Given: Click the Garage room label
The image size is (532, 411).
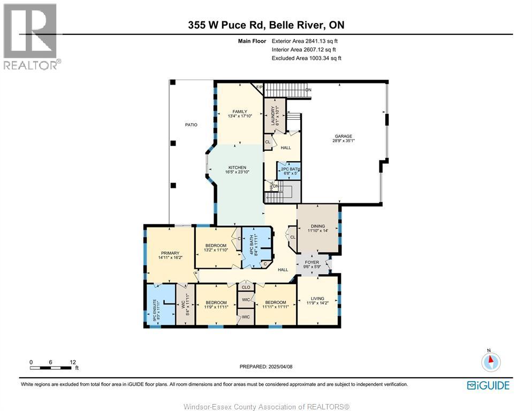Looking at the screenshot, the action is [x=344, y=136].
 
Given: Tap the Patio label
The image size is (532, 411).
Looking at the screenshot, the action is [x=191, y=125].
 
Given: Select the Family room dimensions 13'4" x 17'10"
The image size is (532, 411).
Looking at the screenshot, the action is [x=240, y=116].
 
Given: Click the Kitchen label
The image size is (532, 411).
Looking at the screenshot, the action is [x=237, y=168].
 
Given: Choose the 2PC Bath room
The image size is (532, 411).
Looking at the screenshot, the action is [x=289, y=171].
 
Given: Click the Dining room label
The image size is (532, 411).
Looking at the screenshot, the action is [x=318, y=226].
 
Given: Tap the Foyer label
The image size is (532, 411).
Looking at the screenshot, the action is [x=312, y=262].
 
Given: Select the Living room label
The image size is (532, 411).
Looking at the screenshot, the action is [x=317, y=298].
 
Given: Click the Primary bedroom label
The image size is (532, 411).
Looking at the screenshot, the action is [x=170, y=253].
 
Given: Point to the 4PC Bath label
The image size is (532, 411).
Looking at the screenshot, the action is [x=252, y=245].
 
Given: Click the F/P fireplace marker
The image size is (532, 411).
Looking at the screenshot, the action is [x=259, y=87].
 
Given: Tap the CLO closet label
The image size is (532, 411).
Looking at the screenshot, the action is [x=246, y=287].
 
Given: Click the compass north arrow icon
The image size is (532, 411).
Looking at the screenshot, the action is [x=491, y=362].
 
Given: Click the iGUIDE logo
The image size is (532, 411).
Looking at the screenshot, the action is [x=488, y=385].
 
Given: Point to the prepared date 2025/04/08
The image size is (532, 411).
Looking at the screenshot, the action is [x=280, y=367].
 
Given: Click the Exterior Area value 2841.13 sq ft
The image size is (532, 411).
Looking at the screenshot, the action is [x=321, y=41].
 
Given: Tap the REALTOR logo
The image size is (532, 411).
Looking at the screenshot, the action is [x=31, y=36].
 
